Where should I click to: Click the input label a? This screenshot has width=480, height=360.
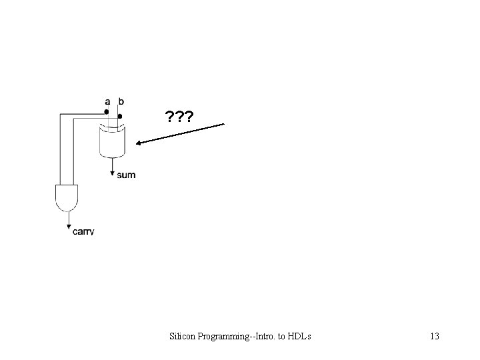point(107,102)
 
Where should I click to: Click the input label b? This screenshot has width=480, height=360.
point(121,102)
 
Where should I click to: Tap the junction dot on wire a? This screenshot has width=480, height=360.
point(107,111)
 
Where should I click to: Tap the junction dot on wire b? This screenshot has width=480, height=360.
point(120,116)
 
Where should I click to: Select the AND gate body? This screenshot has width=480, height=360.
point(67,195)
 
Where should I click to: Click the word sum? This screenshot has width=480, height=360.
point(126,175)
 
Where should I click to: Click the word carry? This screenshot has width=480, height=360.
point(83,231)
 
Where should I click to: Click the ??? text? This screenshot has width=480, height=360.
point(179,118)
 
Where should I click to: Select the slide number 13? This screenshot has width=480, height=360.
point(434,336)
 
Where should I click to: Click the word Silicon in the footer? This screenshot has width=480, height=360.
point(183,336)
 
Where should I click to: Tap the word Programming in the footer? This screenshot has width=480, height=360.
point(225,336)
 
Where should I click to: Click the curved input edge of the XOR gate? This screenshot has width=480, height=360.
point(112,127)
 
